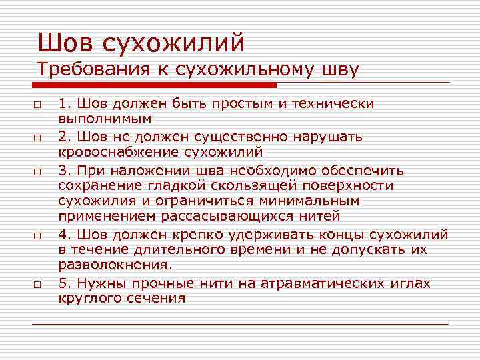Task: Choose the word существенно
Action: coord(231,136)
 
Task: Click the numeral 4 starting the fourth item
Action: coord(62,233)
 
